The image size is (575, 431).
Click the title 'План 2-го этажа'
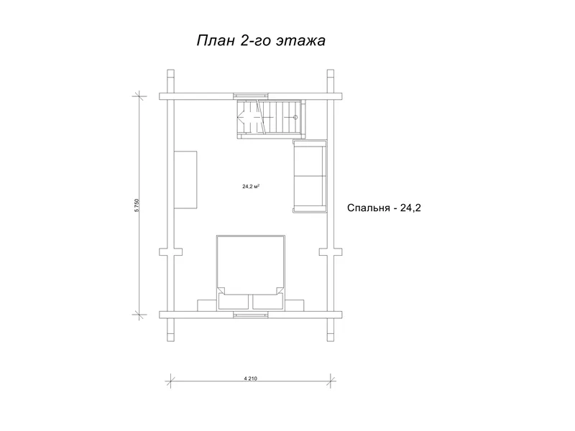point(261,41)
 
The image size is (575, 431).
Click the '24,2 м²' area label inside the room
point(251,186)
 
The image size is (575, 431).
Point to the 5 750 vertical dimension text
point(137,205)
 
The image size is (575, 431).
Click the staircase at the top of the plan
point(272,117)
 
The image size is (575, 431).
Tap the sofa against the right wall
point(309,177)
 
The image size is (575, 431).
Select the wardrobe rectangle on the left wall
point(185,179)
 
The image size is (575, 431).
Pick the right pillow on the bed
point(266,301)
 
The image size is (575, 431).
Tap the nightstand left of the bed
point(207,304)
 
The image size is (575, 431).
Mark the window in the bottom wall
point(249,314)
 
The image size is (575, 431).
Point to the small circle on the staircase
point(295,116)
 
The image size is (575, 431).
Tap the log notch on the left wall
point(170,252)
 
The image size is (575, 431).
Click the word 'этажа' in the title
point(304,41)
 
